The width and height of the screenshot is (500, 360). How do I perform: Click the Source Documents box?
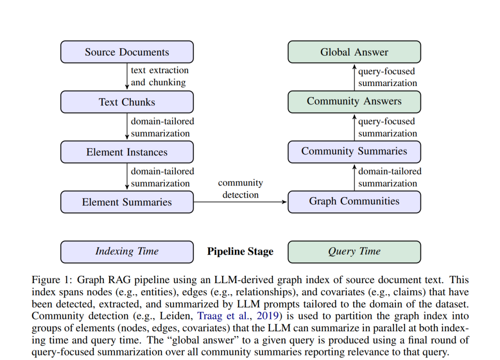pyautogui.click(x=127, y=52)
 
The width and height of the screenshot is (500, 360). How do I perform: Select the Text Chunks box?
pyautogui.click(x=127, y=102)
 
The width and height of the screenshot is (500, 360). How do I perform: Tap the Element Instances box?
pyautogui.click(x=127, y=152)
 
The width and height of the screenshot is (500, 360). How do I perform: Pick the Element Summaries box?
pyautogui.click(x=127, y=202)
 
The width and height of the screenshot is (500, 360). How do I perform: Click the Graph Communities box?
pyautogui.click(x=354, y=202)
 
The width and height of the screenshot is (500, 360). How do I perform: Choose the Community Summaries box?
pyautogui.click(x=354, y=152)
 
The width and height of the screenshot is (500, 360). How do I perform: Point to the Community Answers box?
pyautogui.click(x=354, y=102)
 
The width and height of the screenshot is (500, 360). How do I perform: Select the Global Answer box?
pyautogui.click(x=354, y=52)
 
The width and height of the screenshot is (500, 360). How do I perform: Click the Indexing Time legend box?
pyautogui.click(x=127, y=252)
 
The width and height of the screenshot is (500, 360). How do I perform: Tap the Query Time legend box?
pyautogui.click(x=354, y=252)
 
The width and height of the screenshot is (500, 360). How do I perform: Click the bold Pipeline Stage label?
pyautogui.click(x=240, y=252)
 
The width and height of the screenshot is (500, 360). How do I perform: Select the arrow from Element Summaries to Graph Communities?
pyautogui.click(x=240, y=202)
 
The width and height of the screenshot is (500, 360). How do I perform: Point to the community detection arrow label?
pyautogui.click(x=240, y=189)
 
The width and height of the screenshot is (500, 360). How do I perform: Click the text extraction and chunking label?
pyautogui.click(x=160, y=76)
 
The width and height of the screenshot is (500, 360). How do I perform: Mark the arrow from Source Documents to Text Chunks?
pyautogui.click(x=127, y=76)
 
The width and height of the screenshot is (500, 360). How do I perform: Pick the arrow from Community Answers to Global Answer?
pyautogui.click(x=355, y=77)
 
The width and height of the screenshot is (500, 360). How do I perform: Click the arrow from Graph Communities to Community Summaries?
pyautogui.click(x=355, y=177)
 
